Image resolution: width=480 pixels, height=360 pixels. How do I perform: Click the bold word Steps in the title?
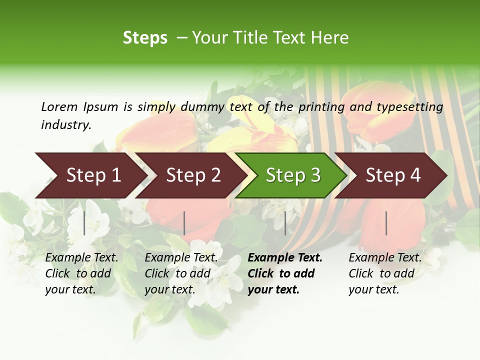145,38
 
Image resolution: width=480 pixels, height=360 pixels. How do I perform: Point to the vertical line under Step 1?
84,223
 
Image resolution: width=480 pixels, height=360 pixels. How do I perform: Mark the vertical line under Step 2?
184,223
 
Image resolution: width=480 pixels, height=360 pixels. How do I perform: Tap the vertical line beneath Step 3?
285,223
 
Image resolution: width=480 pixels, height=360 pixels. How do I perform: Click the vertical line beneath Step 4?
386,223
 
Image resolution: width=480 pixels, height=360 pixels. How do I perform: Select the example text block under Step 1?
81,273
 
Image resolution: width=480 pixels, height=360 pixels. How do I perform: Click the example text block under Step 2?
181,273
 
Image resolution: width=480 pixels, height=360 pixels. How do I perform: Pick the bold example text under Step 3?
285,273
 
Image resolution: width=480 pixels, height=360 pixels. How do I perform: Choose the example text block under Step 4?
385,273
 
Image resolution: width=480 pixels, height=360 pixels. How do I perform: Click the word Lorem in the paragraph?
59,107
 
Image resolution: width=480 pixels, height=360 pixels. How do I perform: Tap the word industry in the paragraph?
65,125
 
